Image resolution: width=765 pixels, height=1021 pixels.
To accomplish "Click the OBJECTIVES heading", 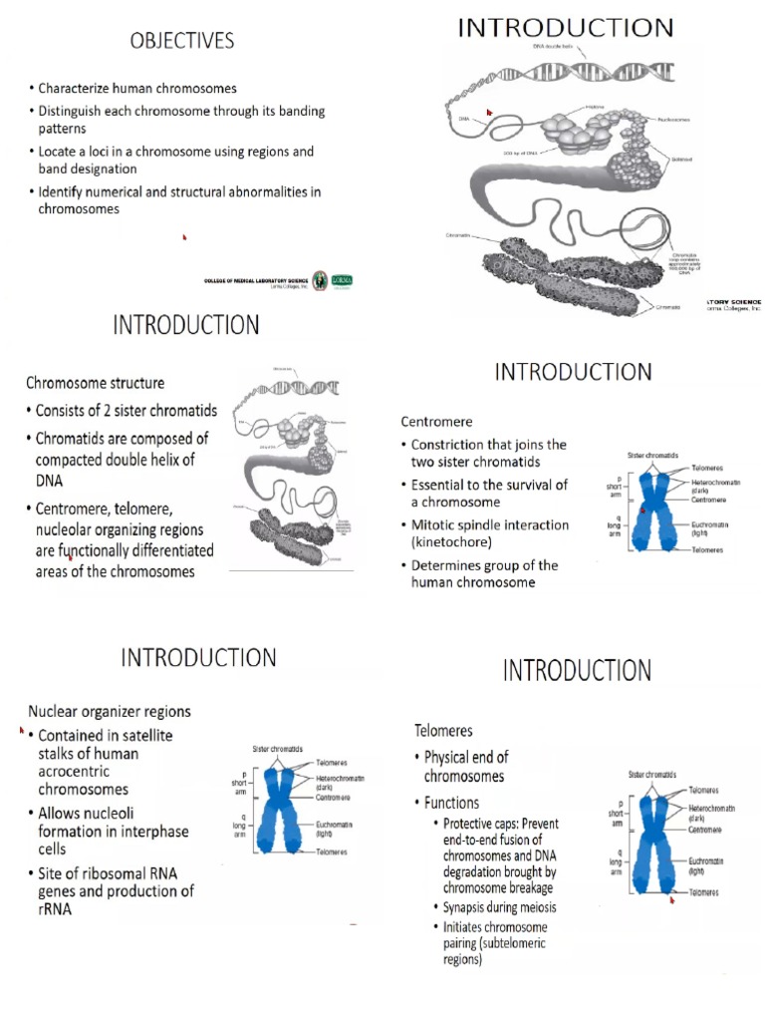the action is coord(181,41).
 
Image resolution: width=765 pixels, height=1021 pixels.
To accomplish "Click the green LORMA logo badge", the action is coord(341,280).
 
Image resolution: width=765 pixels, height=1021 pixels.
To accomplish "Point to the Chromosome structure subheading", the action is coord(96,382).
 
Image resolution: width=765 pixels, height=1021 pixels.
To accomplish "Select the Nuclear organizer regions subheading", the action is coord(110,711).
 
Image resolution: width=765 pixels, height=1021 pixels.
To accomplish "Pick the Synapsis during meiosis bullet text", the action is coord(499,907).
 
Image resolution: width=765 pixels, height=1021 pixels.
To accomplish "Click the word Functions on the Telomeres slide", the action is coord(451,803).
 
